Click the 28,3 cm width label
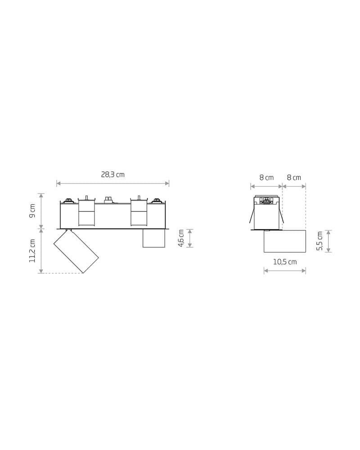coord(112,175)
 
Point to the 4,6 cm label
coord(181,238)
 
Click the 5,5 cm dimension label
coord(319,241)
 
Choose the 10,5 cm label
coord(285,262)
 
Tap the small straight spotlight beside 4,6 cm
coord(154,238)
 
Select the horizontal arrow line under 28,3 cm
coord(112,183)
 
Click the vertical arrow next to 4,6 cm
coord(190,238)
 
